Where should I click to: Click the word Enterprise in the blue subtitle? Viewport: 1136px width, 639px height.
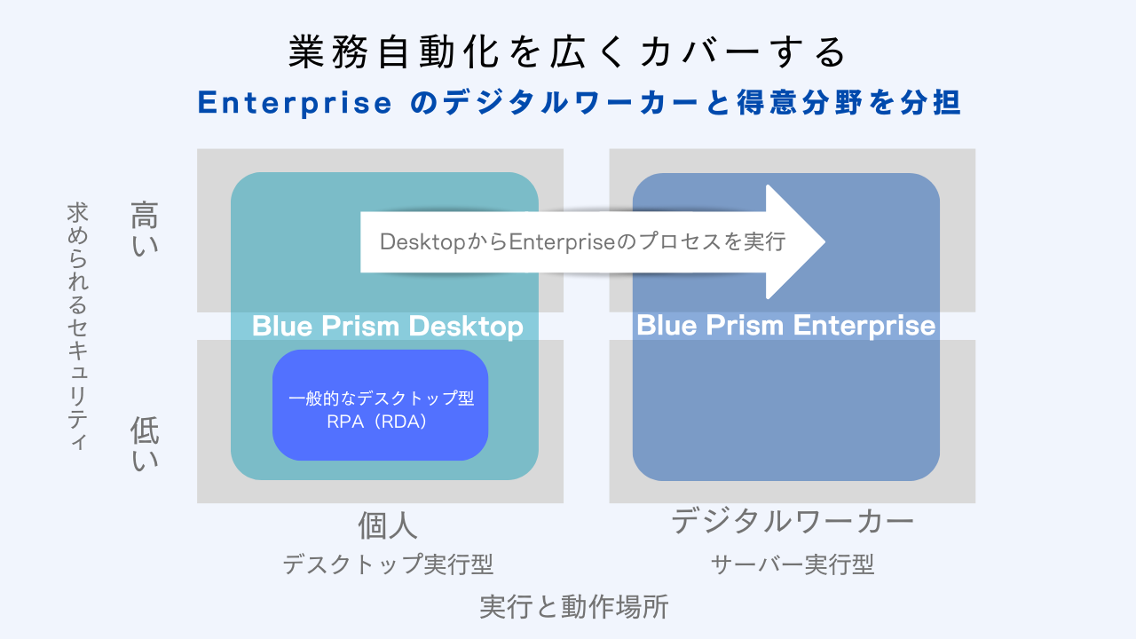point(295,103)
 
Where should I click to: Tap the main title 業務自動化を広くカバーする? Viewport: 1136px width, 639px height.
point(567,51)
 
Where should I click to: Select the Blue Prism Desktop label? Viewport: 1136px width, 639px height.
point(388,326)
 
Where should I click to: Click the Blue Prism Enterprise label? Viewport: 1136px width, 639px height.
point(786,326)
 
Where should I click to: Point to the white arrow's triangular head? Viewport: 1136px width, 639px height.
point(791,242)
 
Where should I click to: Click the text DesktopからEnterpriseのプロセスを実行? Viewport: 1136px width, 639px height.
point(583,242)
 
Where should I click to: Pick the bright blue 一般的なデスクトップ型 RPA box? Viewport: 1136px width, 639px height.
point(381,406)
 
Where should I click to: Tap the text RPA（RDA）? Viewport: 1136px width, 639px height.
point(377,422)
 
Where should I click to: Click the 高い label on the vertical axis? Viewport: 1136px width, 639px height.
point(145,229)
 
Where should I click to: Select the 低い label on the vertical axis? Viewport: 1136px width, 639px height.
point(145,443)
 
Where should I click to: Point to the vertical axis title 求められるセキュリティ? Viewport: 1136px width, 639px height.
point(77,326)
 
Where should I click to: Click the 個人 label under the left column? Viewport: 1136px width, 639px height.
point(388,525)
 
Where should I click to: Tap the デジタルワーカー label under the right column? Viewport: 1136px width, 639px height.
point(793,521)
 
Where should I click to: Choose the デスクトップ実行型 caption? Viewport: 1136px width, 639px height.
point(388,564)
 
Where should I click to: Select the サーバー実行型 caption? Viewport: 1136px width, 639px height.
point(793,564)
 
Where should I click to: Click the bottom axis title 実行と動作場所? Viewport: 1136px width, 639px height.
point(574,606)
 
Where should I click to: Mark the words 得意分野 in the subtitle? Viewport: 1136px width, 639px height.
point(800,102)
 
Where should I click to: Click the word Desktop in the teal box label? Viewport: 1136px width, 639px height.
point(466,326)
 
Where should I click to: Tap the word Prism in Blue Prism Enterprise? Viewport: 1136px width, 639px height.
point(745,325)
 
